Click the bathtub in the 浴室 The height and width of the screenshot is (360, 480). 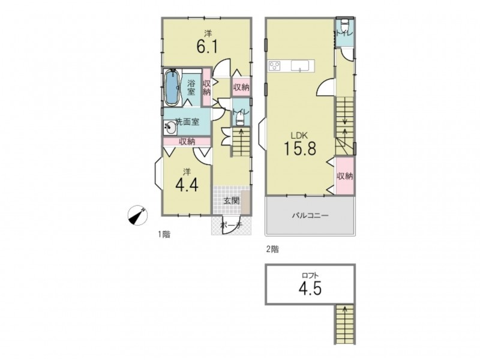pos(172,88)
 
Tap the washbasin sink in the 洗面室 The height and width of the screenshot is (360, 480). pos(170,127)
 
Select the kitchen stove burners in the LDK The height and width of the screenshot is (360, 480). pos(275,66)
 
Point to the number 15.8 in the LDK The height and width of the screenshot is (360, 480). pos(300,148)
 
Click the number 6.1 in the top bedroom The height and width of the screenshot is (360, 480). pos(207,47)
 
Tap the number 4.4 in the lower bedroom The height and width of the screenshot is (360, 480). pos(187,185)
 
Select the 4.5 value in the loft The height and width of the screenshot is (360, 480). pos(310,288)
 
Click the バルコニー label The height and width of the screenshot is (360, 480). pos(310,215)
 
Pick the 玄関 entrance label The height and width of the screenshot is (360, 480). pos(231,201)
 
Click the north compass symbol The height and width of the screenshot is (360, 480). pos(137,215)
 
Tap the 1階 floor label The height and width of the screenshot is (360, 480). pos(164,235)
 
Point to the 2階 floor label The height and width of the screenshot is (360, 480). pos(272,249)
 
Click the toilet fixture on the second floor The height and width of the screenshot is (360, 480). pos(344,22)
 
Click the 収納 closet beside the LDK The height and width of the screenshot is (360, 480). pos(345,176)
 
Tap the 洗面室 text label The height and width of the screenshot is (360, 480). pos(187,122)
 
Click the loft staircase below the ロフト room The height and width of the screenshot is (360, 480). pos(345,324)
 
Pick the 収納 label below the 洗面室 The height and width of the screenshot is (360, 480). pos(187,142)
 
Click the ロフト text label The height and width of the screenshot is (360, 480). pos(310,275)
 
